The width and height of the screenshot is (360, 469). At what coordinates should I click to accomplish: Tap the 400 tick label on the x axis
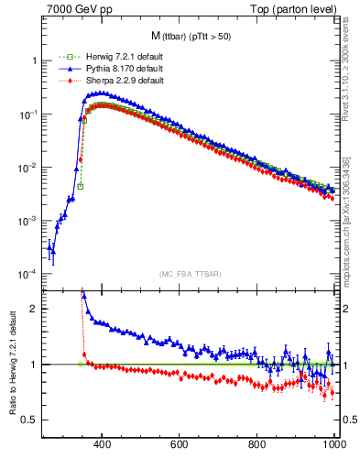[x=102, y=444]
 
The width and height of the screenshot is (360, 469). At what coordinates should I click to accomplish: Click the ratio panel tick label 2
[x=35, y=310]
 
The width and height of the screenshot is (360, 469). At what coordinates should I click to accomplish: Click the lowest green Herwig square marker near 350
[x=81, y=187]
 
